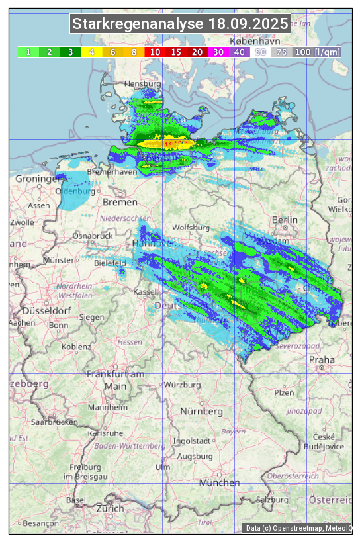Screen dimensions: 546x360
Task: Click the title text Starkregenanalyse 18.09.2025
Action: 180,24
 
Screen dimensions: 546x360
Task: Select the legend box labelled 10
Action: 155,52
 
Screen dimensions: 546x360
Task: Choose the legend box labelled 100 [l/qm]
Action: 316,52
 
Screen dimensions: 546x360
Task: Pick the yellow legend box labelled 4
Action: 92,52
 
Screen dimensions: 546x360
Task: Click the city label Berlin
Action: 285,220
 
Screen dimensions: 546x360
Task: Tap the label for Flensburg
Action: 143,85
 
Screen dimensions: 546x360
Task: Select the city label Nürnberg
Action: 202,412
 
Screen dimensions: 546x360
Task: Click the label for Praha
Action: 322,360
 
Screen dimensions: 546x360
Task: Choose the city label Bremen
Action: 120,202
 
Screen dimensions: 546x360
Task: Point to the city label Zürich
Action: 110,508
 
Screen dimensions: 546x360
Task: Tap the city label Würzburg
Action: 182,385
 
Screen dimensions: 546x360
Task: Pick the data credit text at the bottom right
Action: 298,528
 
